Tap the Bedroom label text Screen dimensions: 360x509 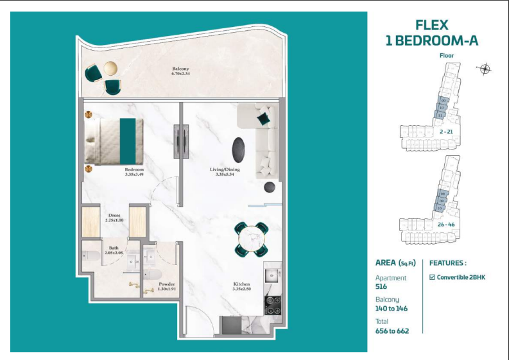click(135, 170)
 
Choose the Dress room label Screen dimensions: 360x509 click(114, 215)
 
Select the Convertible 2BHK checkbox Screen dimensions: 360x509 click(432, 277)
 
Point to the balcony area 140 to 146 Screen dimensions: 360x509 click(392, 309)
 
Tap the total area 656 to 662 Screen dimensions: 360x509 click(392, 330)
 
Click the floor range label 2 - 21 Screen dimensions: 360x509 click(446, 132)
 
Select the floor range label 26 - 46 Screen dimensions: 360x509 click(446, 225)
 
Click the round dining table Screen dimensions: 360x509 click(252, 239)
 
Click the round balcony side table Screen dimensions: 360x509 click(110, 68)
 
